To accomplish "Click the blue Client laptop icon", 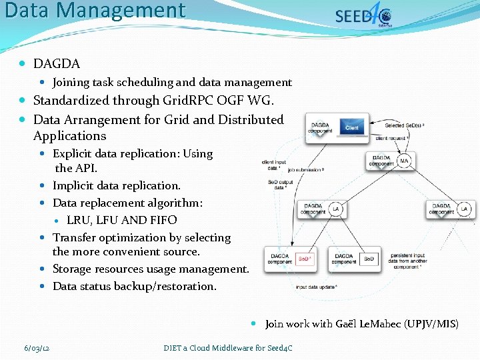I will pyautogui.click(x=352, y=128).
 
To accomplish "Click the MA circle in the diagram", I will pyautogui.click(x=404, y=161).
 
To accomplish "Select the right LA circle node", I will pyautogui.click(x=465, y=209).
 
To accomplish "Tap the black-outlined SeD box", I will pyautogui.click(x=369, y=259).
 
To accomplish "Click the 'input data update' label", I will pyautogui.click(x=317, y=287).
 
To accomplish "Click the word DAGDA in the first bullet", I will pyautogui.click(x=57, y=64).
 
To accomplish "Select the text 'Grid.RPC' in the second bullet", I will pyautogui.click(x=185, y=101).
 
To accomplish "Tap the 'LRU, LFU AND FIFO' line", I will pyautogui.click(x=122, y=220).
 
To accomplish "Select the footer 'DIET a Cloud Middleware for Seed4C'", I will pyautogui.click(x=228, y=347).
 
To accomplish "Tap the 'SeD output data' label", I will pyautogui.click(x=280, y=185).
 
